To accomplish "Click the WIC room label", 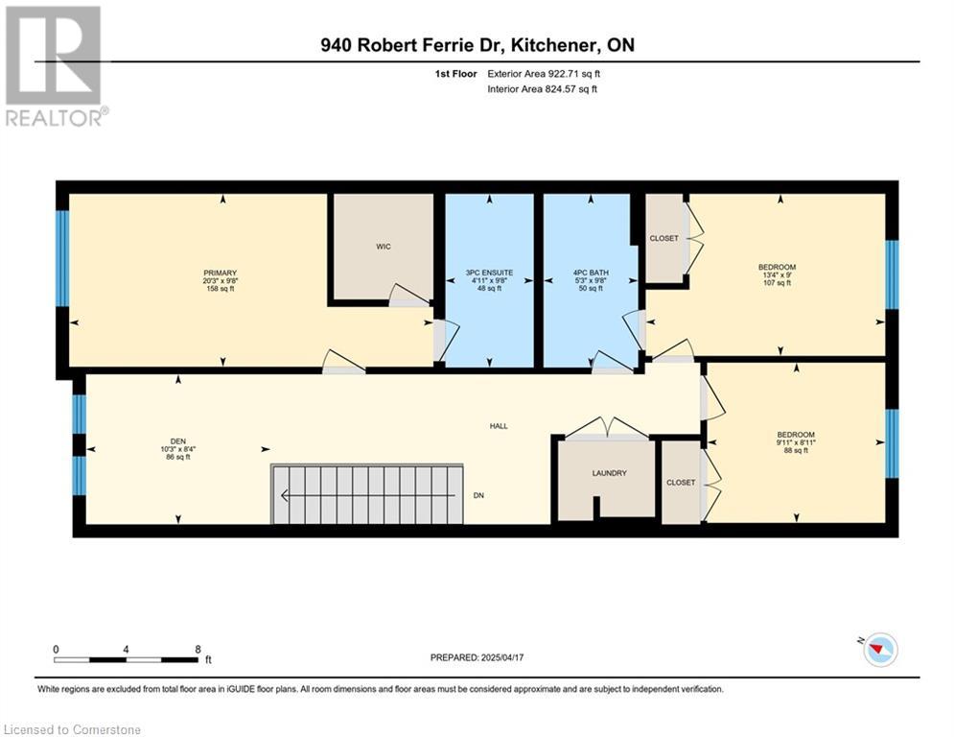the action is point(384,247).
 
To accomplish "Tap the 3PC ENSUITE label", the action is point(489,273).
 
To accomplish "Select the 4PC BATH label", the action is point(591,273).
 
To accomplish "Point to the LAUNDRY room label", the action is point(609,473).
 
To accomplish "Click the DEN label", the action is point(178,441).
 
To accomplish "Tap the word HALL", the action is point(499,426).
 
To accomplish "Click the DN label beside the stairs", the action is point(478,496).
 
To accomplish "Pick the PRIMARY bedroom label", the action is point(221,273).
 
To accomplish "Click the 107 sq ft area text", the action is point(777,283).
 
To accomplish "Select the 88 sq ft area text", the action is point(796,451).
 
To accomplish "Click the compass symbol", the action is point(880,650).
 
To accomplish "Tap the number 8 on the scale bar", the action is point(198,650).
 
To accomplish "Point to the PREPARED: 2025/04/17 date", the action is point(477,657).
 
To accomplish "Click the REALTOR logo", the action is point(57,66).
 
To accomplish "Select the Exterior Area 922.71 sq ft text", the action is point(544,74).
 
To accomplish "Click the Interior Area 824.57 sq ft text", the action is point(542,89).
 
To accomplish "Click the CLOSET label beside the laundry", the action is point(681,483).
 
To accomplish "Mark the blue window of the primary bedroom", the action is point(62,258).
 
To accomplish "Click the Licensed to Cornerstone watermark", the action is point(72,729).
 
